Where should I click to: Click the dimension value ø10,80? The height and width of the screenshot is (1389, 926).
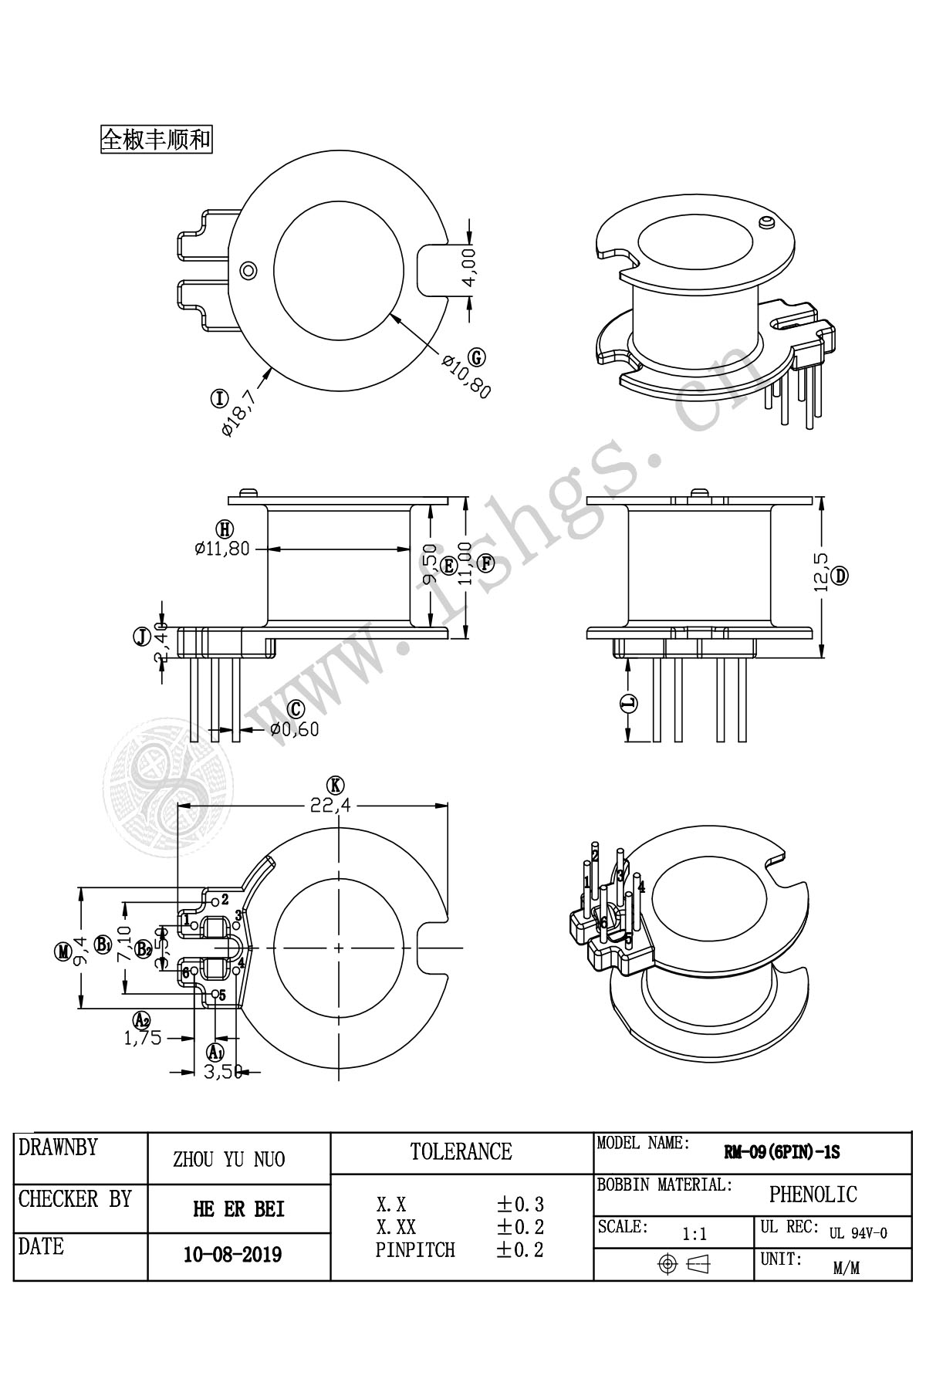click(465, 376)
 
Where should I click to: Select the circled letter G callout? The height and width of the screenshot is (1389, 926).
click(478, 357)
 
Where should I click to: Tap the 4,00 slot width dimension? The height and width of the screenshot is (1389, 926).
click(470, 266)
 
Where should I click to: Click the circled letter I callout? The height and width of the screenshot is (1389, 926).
click(220, 398)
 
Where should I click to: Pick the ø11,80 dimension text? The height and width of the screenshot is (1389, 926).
click(222, 549)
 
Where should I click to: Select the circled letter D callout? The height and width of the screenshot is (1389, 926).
click(840, 575)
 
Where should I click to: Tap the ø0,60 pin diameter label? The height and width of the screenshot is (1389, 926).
click(294, 728)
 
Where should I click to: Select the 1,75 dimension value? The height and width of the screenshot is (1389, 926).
click(143, 1038)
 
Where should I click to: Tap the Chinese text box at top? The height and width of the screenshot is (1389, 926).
click(156, 140)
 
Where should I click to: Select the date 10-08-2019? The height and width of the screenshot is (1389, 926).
click(232, 1255)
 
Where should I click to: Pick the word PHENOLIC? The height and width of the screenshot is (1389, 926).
click(813, 1195)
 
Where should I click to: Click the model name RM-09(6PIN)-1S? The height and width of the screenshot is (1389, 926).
click(781, 1153)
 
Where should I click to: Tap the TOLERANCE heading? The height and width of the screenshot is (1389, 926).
click(461, 1152)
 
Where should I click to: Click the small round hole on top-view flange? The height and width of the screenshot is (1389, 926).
click(248, 270)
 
